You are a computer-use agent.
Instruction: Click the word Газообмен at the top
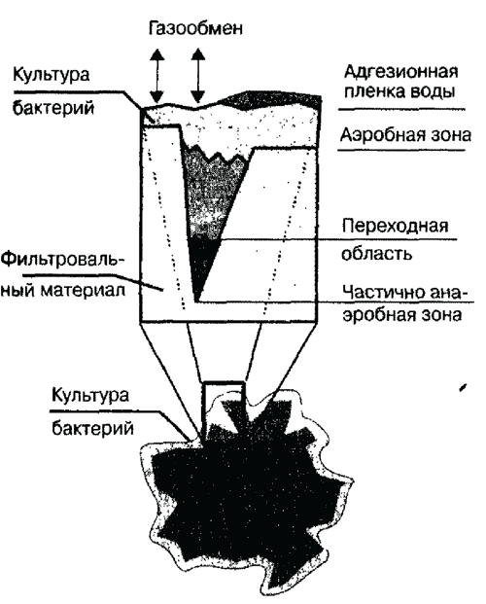coord(195,28)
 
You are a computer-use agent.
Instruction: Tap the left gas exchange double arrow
coord(156,75)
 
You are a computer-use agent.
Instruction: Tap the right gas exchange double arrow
coord(198,75)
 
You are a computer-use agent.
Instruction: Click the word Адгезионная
coord(400,73)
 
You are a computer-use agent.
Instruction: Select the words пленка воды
coord(399,92)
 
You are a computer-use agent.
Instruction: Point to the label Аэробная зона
coord(405,135)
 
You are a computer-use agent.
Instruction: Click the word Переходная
coord(395,226)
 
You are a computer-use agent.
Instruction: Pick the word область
coord(377,254)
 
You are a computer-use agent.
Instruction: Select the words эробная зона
coord(402,314)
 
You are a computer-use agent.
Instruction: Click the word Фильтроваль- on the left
coord(62,261)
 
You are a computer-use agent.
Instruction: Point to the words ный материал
coord(63,289)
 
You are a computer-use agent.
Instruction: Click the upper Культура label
coord(52,74)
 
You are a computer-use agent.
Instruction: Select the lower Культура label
coord(90,396)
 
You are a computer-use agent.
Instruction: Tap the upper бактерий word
coord(53,107)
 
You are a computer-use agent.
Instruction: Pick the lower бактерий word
coord(92,428)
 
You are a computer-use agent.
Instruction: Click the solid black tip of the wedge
coord(202,265)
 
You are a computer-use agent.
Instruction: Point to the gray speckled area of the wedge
coord(212,193)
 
